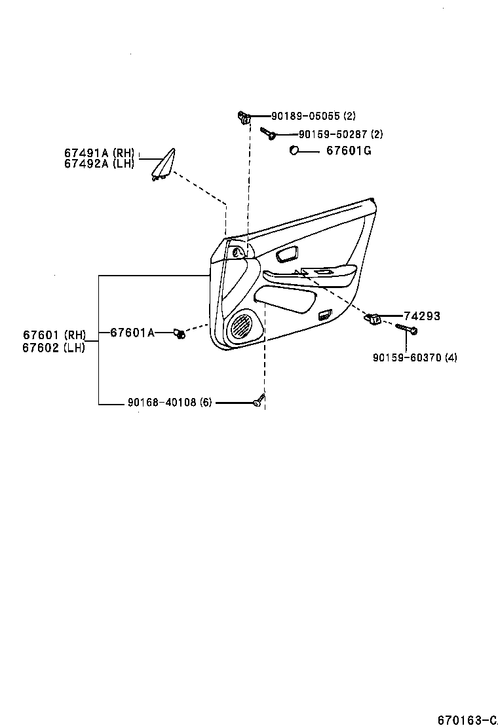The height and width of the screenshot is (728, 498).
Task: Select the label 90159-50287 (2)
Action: (340, 134)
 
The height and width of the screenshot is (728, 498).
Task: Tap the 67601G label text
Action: (349, 151)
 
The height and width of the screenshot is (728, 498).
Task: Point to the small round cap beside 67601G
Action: (294, 151)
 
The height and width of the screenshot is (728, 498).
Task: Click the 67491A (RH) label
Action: (99, 153)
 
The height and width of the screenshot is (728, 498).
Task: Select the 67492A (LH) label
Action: (99, 164)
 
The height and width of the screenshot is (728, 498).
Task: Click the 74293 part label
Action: (421, 316)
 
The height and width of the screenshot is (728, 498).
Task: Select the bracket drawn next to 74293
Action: (373, 318)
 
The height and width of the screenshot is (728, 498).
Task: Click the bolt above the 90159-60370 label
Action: (406, 329)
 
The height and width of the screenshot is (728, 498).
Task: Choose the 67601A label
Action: (132, 333)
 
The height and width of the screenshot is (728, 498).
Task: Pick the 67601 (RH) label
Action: (55, 335)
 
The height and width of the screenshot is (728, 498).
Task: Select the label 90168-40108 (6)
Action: (170, 403)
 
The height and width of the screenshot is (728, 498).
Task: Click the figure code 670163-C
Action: (468, 720)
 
